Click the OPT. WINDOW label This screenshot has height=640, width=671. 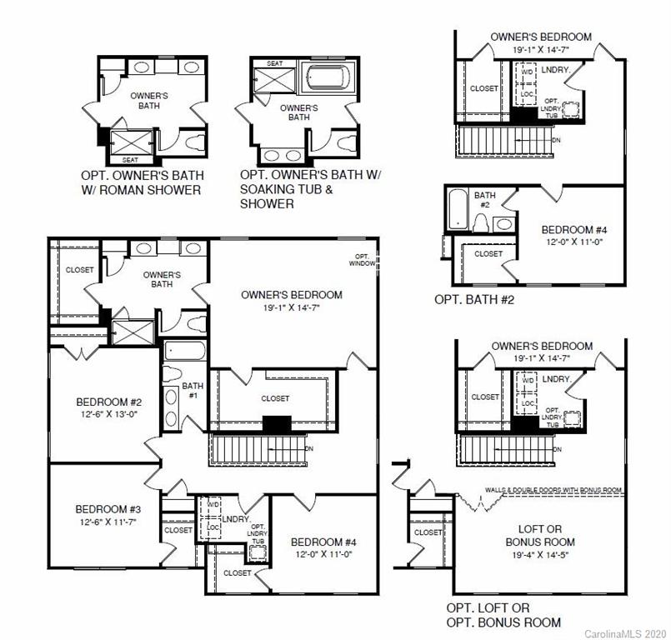[x=362, y=260]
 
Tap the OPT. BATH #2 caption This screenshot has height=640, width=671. [x=474, y=297]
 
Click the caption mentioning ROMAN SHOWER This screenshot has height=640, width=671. [x=142, y=183]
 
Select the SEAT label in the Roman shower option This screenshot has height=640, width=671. [x=131, y=159]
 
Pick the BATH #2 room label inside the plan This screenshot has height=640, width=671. [x=485, y=200]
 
